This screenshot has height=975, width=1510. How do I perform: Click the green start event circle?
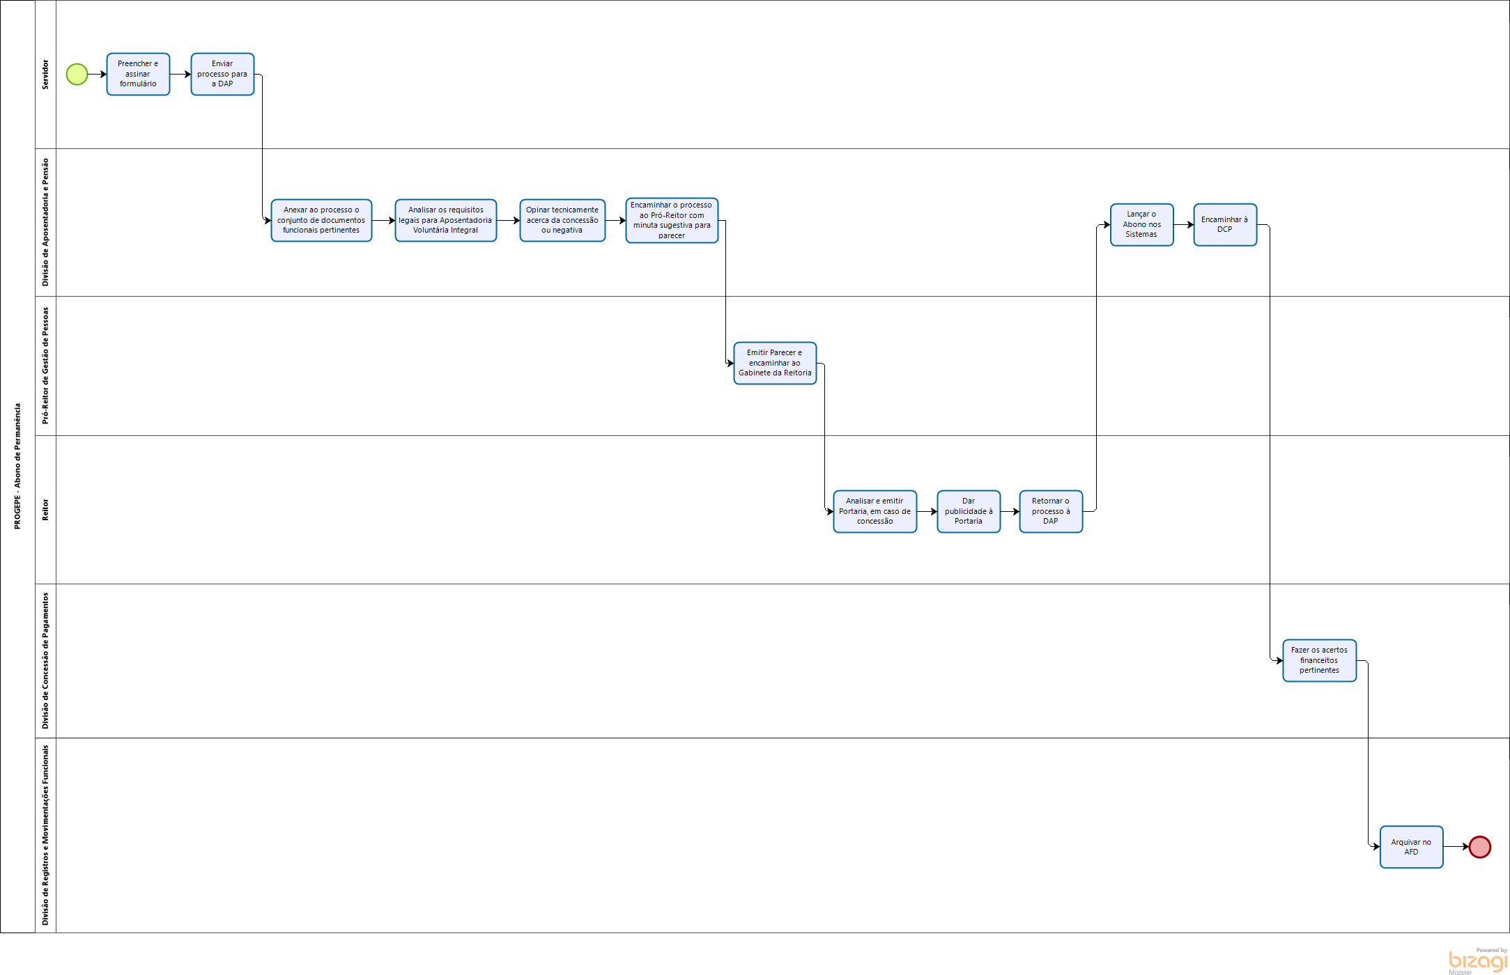tap(77, 74)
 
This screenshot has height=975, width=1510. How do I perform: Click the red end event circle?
tap(1479, 847)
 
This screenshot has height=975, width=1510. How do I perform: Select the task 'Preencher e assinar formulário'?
tap(138, 74)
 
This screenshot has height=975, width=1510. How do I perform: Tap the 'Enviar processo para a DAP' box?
tap(222, 74)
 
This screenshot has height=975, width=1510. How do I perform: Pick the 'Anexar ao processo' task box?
tap(321, 220)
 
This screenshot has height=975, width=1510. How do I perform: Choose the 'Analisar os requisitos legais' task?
tap(445, 220)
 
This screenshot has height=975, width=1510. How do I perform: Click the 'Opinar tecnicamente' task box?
tap(562, 220)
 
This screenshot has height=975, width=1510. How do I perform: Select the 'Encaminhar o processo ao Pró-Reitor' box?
tap(672, 220)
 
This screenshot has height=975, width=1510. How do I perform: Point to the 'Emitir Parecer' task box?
tap(775, 363)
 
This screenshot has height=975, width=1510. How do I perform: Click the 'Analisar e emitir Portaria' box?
tap(875, 511)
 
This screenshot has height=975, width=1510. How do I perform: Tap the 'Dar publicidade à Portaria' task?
tap(969, 511)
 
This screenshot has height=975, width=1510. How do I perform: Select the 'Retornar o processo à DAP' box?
tap(1051, 511)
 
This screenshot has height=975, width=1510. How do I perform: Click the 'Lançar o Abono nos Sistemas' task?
tap(1141, 224)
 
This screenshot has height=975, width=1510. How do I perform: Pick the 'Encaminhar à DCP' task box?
tap(1225, 224)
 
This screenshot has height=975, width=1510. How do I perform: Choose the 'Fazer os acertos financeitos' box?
tap(1319, 660)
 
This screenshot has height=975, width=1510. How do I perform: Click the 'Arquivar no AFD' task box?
tap(1411, 847)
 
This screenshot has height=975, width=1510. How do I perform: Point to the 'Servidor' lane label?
tap(45, 74)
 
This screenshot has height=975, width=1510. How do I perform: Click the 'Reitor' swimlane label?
tap(45, 510)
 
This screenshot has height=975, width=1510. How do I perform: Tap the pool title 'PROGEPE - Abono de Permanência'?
tap(17, 466)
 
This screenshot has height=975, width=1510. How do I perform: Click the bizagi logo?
tap(1477, 961)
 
